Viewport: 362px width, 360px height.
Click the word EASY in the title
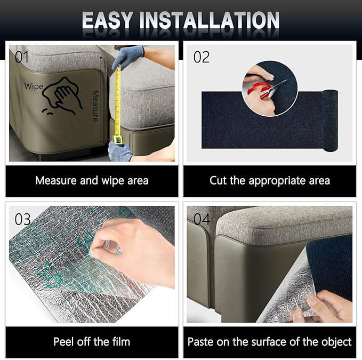pyautogui.click(x=107, y=20)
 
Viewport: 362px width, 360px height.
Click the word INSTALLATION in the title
pyautogui.click(x=210, y=20)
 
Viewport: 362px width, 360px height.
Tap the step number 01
pyautogui.click(x=22, y=57)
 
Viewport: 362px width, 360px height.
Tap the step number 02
pyautogui.click(x=202, y=57)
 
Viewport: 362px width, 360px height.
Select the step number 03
pyautogui.click(x=22, y=219)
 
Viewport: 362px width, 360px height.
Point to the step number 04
pyautogui.click(x=202, y=219)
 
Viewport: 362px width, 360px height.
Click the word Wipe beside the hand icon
pyautogui.click(x=34, y=86)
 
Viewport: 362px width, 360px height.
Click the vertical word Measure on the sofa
pyautogui.click(x=95, y=106)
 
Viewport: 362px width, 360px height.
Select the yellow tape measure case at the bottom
pyautogui.click(x=118, y=140)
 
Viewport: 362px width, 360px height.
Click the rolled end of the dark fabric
pyautogui.click(x=330, y=121)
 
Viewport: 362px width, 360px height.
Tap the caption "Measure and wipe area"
pyautogui.click(x=92, y=181)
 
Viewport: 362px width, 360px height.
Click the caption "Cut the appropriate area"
pyautogui.click(x=270, y=181)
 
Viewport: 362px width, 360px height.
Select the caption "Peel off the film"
pyautogui.click(x=92, y=342)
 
